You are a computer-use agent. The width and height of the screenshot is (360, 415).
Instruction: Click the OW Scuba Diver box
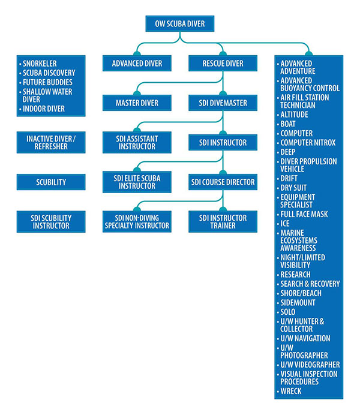pos(179,24)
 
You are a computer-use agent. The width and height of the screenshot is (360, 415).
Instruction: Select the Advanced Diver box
pos(137,63)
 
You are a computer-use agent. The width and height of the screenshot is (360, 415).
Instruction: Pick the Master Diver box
pos(137,103)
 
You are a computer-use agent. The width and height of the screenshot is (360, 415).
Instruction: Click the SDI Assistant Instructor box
pos(137,142)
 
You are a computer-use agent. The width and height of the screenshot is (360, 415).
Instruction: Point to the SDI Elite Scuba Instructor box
pos(137,182)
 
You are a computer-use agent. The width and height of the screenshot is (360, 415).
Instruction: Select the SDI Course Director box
pos(223,182)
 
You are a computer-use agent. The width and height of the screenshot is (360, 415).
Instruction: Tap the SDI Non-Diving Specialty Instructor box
pos(137,221)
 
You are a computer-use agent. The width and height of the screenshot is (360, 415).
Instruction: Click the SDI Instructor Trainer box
pos(223,221)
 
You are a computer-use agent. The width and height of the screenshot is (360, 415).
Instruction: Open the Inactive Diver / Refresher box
pos(50,142)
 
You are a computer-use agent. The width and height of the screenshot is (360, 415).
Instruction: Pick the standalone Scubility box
pos(50,182)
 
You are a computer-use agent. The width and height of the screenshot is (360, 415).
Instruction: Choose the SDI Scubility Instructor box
pos(50,221)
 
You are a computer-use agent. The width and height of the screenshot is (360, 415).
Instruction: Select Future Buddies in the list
pos(48,82)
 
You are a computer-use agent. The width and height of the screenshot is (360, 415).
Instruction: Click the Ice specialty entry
pos(284,223)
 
